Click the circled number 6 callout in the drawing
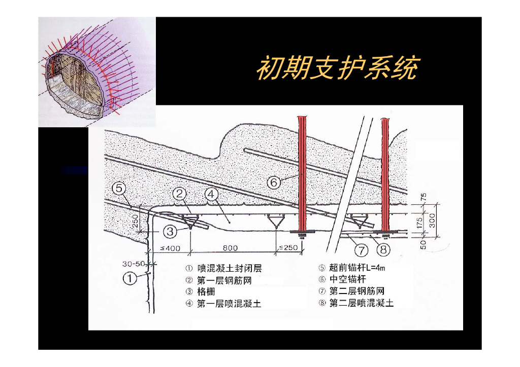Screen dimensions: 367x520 pos(274,182)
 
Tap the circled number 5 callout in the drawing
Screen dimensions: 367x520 pos(119,189)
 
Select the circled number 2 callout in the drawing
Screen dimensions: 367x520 pos(180,194)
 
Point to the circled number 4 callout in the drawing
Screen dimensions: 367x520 pos(211,194)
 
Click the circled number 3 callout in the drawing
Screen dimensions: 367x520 pos(170,232)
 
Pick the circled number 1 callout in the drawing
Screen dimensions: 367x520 pos(131,278)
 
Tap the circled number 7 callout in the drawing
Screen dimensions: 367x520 pos(362,249)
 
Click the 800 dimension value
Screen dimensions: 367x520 pos(230,248)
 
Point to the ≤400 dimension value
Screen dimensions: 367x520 pos(170,248)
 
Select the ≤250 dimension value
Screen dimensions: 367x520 pos(288,248)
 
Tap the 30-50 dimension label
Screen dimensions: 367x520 pos(133,264)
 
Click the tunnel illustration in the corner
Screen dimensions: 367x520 pos(96,71)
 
